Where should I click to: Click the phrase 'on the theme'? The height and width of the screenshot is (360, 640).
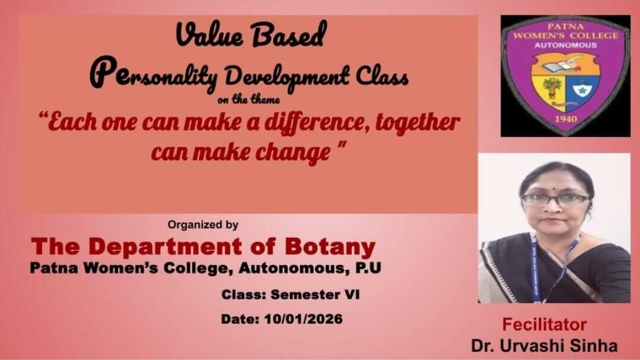249,99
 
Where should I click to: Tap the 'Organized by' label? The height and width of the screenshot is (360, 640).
203,225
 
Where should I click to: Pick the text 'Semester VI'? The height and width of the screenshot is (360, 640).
315,294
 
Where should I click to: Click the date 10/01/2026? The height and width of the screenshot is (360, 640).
304,318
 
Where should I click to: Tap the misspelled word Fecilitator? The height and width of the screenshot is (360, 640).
544,324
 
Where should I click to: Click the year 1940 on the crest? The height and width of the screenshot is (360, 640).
566,119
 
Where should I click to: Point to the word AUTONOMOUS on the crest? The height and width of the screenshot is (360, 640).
566,45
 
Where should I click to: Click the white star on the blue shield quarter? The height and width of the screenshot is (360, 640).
582,90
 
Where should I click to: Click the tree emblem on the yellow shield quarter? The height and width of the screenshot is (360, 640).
552,88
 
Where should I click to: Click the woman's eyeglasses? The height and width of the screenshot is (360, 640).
556,200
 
